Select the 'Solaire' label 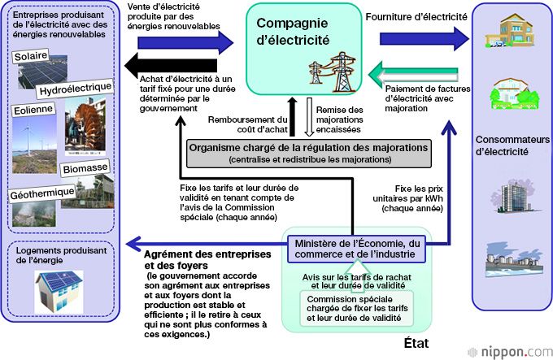32,57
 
